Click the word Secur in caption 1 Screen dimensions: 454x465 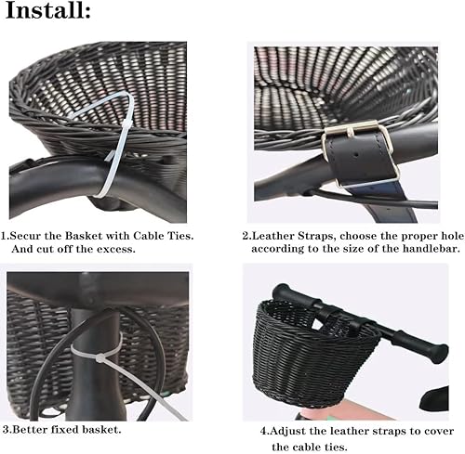(32, 236)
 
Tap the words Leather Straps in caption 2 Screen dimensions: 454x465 (285, 236)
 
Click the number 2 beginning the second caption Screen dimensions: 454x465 (246, 236)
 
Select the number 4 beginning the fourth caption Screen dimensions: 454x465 (262, 430)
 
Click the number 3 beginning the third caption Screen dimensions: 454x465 (6, 429)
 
